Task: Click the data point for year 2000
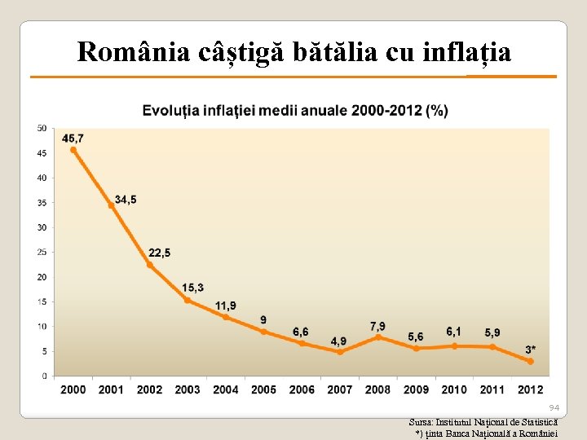73,150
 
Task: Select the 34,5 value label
126,199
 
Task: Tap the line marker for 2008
378,337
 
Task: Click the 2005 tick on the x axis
263,389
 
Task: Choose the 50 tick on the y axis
42,128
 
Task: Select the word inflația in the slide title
468,52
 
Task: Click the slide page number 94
554,407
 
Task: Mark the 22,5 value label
159,253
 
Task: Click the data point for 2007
340,352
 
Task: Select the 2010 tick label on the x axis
454,389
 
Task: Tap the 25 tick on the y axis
42,252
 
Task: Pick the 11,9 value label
226,306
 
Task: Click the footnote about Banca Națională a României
486,433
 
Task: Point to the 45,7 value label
73,138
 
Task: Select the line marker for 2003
188,300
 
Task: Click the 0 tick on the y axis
44,376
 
